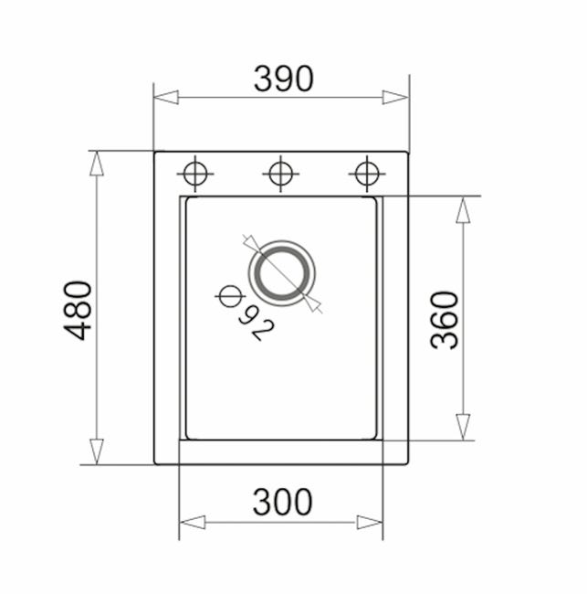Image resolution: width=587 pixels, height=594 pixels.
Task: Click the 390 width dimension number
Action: click(x=284, y=79)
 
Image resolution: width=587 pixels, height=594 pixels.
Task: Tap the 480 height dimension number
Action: click(x=78, y=311)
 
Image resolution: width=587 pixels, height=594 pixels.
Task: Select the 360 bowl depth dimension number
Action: click(x=445, y=320)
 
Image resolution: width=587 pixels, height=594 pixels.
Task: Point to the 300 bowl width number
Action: click(x=283, y=502)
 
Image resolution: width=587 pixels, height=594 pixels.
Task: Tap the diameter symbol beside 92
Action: click(x=230, y=296)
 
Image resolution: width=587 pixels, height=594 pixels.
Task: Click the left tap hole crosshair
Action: click(x=195, y=174)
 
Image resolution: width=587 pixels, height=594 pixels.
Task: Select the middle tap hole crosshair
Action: click(x=280, y=174)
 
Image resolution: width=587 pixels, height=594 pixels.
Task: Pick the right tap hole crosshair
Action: click(x=367, y=174)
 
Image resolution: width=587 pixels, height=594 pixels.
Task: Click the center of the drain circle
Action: click(x=282, y=272)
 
